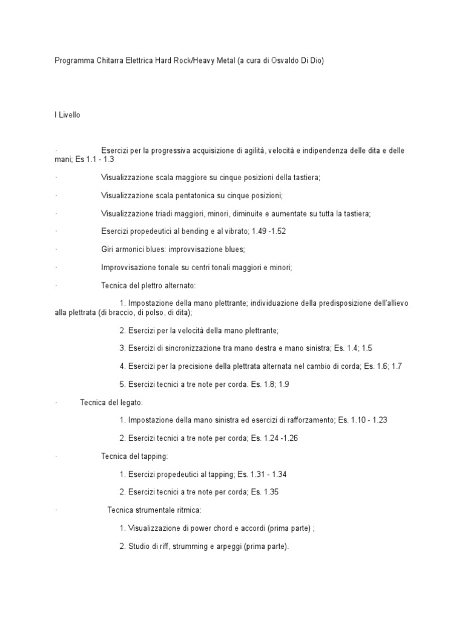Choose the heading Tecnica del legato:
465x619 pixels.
click(x=111, y=402)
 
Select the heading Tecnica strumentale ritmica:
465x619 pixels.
click(x=150, y=510)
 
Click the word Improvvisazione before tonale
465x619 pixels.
click(x=131, y=267)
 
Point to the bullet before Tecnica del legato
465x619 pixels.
click(x=55, y=402)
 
